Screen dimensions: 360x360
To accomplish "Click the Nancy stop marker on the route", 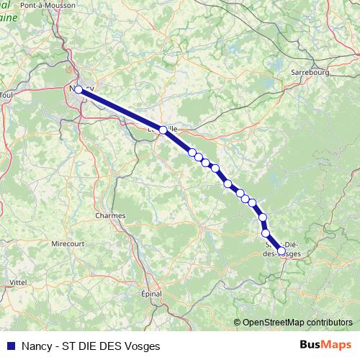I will (x=78, y=90).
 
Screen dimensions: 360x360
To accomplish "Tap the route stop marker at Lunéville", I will (x=163, y=130).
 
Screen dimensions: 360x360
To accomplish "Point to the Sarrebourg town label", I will (x=310, y=73).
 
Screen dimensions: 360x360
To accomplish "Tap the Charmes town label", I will (x=110, y=215).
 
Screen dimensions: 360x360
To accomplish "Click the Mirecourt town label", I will (x=68, y=244).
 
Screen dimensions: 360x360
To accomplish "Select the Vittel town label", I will (x=18, y=282).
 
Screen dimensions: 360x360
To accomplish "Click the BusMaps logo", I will (x=325, y=346).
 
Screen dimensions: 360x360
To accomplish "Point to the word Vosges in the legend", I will (x=141, y=346).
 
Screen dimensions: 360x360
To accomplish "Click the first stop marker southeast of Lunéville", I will (x=192, y=152).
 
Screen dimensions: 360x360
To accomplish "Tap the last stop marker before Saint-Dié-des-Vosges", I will (x=266, y=233).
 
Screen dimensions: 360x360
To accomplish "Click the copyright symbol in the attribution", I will (x=238, y=323).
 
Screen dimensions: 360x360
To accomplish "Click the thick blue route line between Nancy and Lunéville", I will (x=120, y=109).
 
